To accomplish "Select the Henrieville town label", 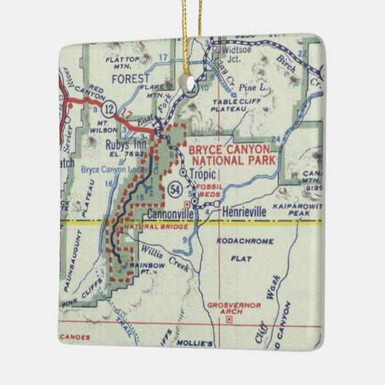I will pos(239,210).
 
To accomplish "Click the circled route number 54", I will pos(174,190).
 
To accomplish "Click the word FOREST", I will pos(131,78).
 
